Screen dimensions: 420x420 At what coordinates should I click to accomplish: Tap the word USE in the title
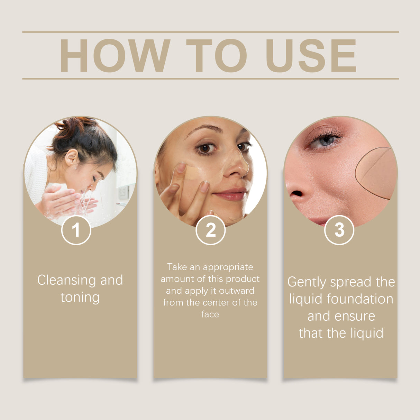[x=310, y=56]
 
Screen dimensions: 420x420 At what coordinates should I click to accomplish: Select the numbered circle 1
[x=76, y=230]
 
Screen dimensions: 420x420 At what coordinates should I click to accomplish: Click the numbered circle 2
[x=210, y=230]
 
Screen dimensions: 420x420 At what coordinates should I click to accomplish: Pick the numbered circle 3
[x=339, y=230]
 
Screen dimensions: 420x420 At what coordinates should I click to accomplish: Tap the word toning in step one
[x=80, y=297]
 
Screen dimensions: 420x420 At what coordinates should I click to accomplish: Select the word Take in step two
[x=177, y=267]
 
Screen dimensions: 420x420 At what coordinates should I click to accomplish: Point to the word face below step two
[x=210, y=314]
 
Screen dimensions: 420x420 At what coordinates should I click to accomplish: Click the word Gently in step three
[x=307, y=282]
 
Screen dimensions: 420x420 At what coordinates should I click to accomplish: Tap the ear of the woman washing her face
[x=72, y=157]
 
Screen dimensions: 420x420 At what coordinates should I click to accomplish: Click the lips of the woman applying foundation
[x=230, y=194]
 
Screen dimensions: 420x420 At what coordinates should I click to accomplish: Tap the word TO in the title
[x=216, y=56]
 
